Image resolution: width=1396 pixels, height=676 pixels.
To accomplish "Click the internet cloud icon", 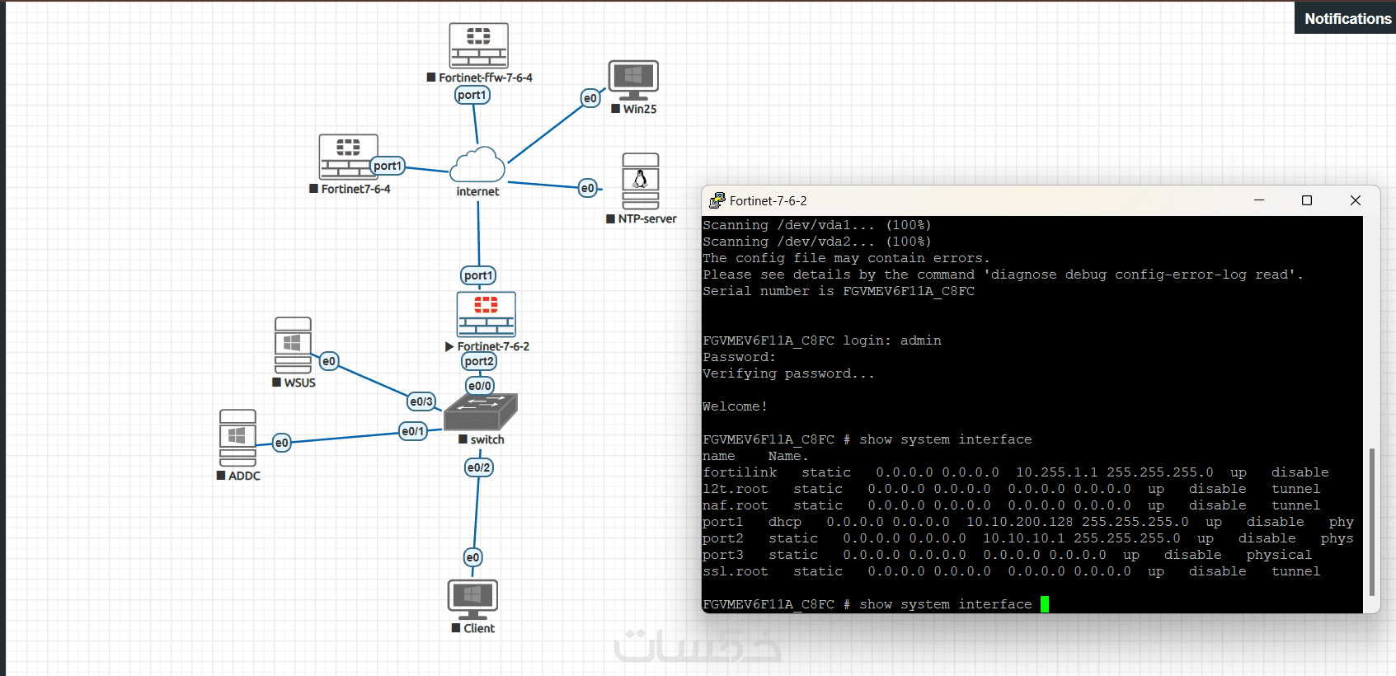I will pos(477,165).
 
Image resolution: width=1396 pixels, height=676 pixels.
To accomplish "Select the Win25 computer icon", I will pos(632,79).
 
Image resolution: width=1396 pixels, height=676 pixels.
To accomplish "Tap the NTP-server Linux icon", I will pos(640,181).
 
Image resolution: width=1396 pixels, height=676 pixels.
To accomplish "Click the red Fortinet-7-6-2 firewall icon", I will pos(486,314).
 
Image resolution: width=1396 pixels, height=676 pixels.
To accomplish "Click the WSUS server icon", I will pos(293,345).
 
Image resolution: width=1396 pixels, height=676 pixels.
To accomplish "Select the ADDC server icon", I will pos(237,438).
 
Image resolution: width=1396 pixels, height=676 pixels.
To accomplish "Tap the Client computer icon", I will pos(472,599).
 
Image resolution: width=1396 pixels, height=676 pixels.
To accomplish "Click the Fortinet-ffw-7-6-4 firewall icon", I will pos(478,45).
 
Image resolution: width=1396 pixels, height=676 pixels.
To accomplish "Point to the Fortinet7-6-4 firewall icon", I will pos(348,157).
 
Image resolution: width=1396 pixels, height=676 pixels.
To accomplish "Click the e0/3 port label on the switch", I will pos(421,401).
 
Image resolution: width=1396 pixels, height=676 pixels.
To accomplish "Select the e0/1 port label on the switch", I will pos(413,431).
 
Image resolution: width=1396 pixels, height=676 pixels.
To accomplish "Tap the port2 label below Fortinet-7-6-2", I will pos(479,361).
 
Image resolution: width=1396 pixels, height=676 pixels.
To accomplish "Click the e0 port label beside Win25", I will pos(590,98).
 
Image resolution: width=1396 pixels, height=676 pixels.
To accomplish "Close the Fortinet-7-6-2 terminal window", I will pos(1355,200).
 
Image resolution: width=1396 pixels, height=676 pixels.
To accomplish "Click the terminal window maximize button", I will pos(1307,200).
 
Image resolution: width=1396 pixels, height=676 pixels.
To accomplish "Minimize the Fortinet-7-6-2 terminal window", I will pos(1259,200).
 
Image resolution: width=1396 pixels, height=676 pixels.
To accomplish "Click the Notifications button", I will pos(1347,18).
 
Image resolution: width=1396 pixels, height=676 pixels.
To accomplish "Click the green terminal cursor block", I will pos(1045,604).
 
